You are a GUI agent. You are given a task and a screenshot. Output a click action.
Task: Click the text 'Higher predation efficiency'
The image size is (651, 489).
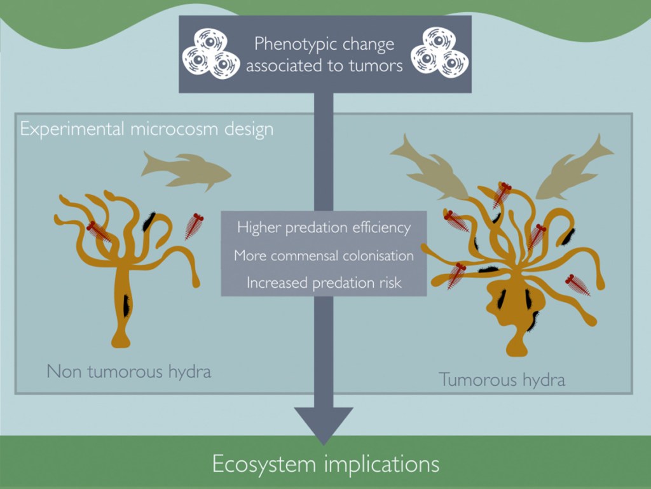[324, 227]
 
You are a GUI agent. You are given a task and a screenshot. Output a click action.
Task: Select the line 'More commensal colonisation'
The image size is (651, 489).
[324, 255]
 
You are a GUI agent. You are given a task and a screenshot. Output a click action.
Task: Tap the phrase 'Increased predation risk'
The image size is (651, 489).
[324, 283]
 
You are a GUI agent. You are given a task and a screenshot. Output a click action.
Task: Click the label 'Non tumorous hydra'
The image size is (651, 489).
[128, 371]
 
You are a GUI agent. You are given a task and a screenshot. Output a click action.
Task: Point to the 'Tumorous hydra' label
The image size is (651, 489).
[502, 380]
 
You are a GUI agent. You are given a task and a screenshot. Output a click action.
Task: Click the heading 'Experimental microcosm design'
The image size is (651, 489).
[147, 129]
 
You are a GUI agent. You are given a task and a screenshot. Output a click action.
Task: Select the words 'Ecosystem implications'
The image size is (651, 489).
[325, 463]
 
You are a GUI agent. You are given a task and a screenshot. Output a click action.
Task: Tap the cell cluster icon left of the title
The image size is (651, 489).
[210, 53]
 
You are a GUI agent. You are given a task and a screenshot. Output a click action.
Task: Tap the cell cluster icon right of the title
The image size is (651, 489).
[439, 52]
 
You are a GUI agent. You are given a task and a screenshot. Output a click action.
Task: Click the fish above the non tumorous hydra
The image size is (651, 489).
[185, 169]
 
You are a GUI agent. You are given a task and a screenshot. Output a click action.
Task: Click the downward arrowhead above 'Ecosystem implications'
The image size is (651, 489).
[324, 423]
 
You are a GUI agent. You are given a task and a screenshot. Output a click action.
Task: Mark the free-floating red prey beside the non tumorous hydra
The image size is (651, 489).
[193, 226]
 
